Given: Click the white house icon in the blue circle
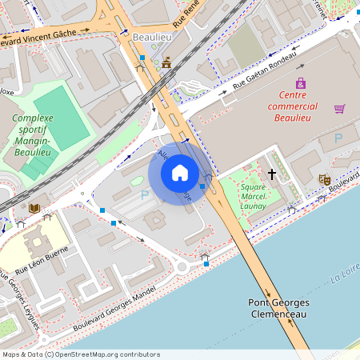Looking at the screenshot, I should click(180, 173).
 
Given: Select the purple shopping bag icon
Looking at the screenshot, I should click(301, 83).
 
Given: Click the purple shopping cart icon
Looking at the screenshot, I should click(340, 108).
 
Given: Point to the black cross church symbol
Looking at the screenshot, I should click(272, 173).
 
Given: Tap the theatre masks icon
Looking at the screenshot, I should click(324, 179).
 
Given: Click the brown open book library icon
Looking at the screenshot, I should click(34, 208).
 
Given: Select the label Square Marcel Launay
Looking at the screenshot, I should click(254, 196).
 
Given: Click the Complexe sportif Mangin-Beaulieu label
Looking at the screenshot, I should click(32, 134).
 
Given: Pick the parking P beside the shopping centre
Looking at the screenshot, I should click(338, 138).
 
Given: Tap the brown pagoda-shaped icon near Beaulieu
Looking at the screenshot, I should click(166, 63).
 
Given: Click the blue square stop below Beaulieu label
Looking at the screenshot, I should click(142, 58).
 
